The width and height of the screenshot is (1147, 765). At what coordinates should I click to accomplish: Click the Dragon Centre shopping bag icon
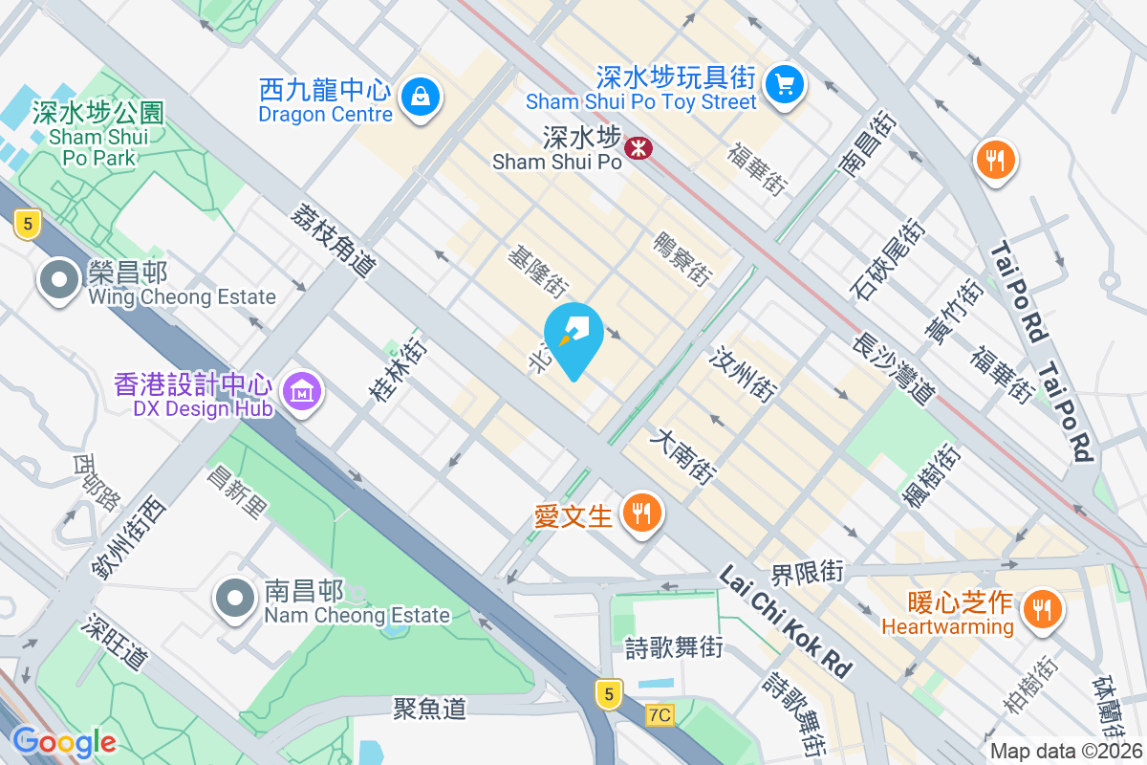[x=420, y=96]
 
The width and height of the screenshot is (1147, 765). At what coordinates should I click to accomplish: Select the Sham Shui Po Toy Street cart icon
[x=786, y=85]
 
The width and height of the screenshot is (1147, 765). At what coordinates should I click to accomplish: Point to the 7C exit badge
[x=659, y=714]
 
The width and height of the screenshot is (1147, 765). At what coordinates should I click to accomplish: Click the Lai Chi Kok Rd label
[x=785, y=621]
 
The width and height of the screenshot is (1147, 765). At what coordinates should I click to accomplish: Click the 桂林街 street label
[x=397, y=365]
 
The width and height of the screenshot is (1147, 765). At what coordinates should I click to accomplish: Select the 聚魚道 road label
[x=429, y=708]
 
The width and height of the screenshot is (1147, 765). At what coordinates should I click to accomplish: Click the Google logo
[x=63, y=742]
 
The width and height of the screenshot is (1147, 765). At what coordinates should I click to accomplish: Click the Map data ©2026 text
[x=1065, y=752]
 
